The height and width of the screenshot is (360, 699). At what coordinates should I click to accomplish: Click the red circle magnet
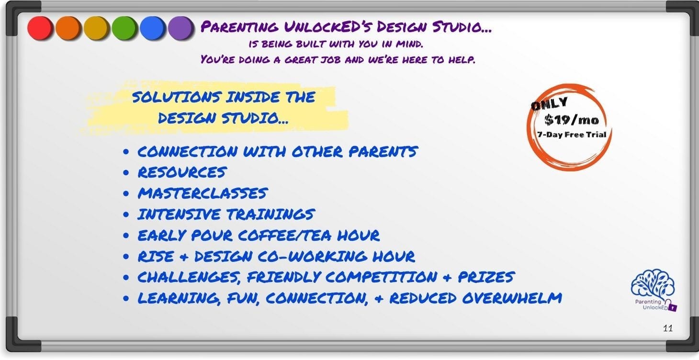(x=40, y=28)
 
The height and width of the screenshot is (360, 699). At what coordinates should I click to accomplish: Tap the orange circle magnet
(x=68, y=28)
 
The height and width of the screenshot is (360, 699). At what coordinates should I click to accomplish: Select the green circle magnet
(x=124, y=28)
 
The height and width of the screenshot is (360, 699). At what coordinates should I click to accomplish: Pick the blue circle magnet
(x=152, y=28)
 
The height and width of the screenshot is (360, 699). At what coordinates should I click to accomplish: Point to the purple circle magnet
(x=180, y=28)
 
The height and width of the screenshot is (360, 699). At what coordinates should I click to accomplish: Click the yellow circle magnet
(x=96, y=28)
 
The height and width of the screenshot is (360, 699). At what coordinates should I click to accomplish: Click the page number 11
(x=668, y=328)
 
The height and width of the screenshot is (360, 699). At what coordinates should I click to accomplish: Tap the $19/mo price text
(x=572, y=120)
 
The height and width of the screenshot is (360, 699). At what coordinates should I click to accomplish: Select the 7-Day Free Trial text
(x=572, y=135)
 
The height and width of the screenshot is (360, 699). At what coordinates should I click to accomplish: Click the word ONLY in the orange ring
(x=549, y=103)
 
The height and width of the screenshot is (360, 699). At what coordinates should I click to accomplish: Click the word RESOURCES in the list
(x=182, y=172)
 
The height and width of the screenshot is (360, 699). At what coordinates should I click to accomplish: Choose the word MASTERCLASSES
(x=203, y=193)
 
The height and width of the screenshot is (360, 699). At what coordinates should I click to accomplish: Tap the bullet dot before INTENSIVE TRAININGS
(x=126, y=214)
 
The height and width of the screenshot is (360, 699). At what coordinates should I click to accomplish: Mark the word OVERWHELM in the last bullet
(x=512, y=298)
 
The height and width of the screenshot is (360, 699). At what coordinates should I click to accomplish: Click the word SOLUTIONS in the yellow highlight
(x=177, y=97)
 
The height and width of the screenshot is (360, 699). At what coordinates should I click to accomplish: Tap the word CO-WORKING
(x=312, y=256)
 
